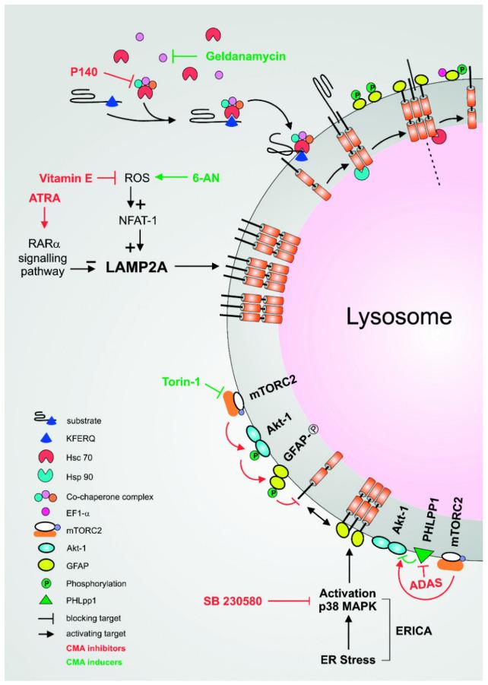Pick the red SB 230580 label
[x=236, y=599]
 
